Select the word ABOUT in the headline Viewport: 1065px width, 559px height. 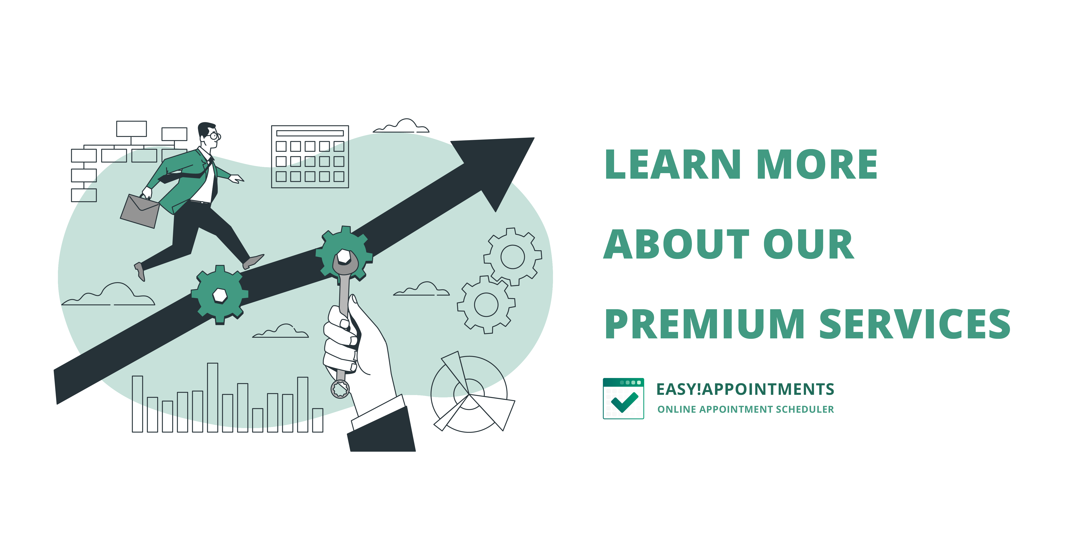coord(676,244)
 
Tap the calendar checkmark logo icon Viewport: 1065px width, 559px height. coord(623,398)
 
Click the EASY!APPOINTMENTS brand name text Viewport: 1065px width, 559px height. coord(745,389)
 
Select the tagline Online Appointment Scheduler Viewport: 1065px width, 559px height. coord(745,409)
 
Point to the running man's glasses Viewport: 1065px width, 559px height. coord(214,136)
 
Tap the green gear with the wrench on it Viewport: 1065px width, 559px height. coord(344,253)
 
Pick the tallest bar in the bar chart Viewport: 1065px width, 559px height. coord(213,397)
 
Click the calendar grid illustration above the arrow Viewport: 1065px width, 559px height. coord(310,157)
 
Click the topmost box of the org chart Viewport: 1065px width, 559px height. coord(131,129)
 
